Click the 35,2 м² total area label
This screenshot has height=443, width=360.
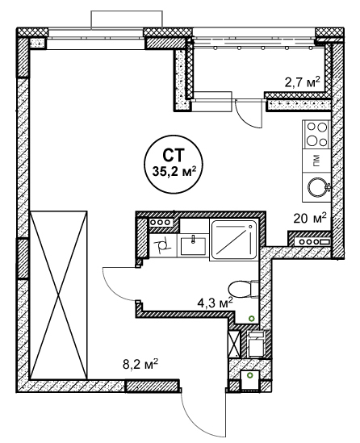point(174,171)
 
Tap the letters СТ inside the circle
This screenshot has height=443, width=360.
point(174,155)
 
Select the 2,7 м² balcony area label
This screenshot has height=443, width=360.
point(303,82)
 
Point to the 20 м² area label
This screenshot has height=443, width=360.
point(310,218)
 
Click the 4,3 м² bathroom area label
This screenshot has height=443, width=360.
point(215,303)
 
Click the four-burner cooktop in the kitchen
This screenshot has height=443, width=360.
point(316,134)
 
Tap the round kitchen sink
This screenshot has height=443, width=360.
point(317,187)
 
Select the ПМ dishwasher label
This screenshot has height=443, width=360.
point(316,161)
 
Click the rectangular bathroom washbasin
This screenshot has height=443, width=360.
point(193,246)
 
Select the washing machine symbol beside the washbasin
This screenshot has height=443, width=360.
point(162,245)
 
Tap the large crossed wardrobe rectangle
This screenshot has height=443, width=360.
point(58,295)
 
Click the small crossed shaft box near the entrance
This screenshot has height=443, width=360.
point(234,344)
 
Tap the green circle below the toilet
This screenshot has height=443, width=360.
point(252,319)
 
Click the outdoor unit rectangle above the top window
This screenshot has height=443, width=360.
point(127,19)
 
